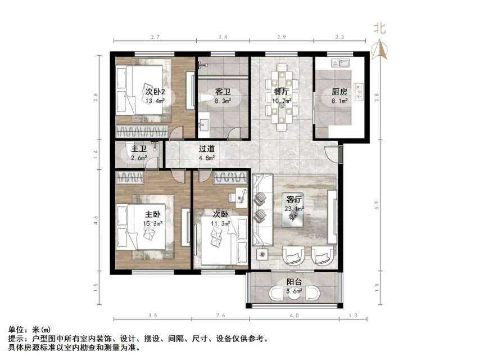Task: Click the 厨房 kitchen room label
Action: tap(339, 91)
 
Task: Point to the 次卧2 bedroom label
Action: tap(155, 91)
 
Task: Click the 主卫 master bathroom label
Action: tap(139, 150)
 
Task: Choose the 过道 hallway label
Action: tap(207, 150)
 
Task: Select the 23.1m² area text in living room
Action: tap(295, 209)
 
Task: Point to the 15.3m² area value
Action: tap(153, 223)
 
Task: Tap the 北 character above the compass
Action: tap(381, 28)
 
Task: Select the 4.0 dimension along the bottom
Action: tap(293, 316)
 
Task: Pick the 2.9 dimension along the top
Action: tap(281, 37)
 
